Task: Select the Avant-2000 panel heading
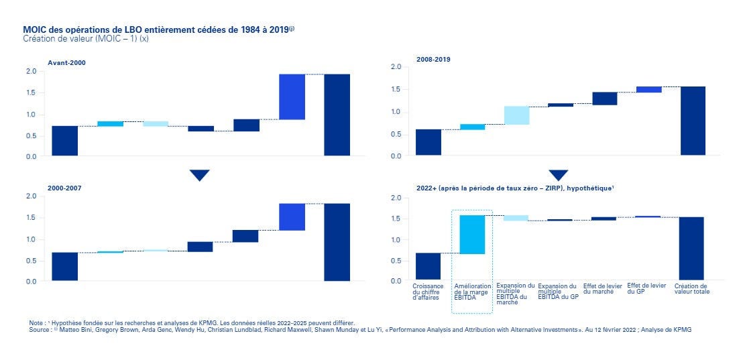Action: [66, 63]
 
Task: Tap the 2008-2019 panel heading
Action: [433, 59]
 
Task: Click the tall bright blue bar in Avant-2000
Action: [292, 97]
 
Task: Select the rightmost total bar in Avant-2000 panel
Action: [337, 115]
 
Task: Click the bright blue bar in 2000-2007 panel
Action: [292, 217]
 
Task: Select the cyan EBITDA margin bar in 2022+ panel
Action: [472, 235]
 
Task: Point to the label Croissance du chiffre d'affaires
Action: [428, 292]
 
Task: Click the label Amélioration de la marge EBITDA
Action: [472, 292]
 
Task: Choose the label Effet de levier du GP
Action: [646, 288]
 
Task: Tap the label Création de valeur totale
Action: [691, 288]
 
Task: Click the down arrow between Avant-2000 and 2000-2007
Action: [199, 175]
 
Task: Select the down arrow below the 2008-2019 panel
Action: [558, 175]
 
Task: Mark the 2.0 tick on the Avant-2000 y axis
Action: [31, 71]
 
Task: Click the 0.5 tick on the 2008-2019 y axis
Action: [396, 134]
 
